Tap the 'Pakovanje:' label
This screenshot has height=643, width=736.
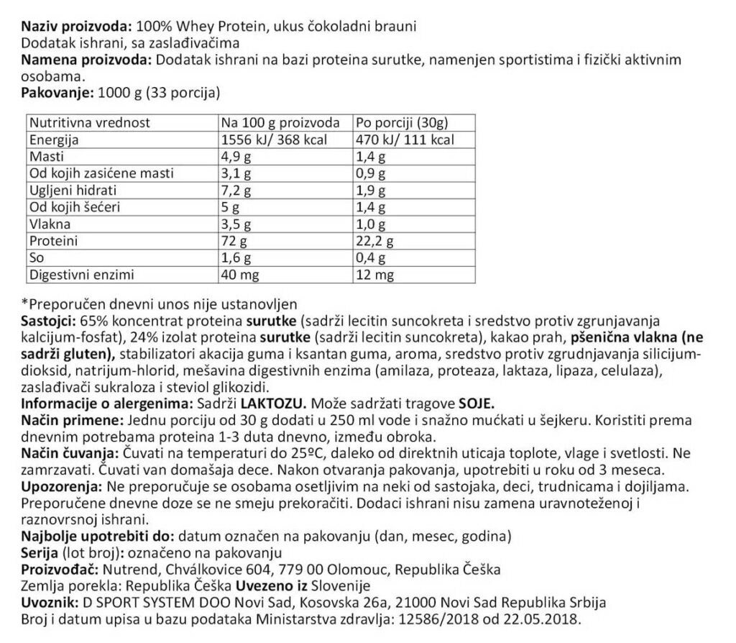coord(52,93)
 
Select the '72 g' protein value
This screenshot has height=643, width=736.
coord(234,241)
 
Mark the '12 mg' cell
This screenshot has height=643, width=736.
coord(375,275)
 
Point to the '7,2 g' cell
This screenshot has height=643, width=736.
coord(236,191)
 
